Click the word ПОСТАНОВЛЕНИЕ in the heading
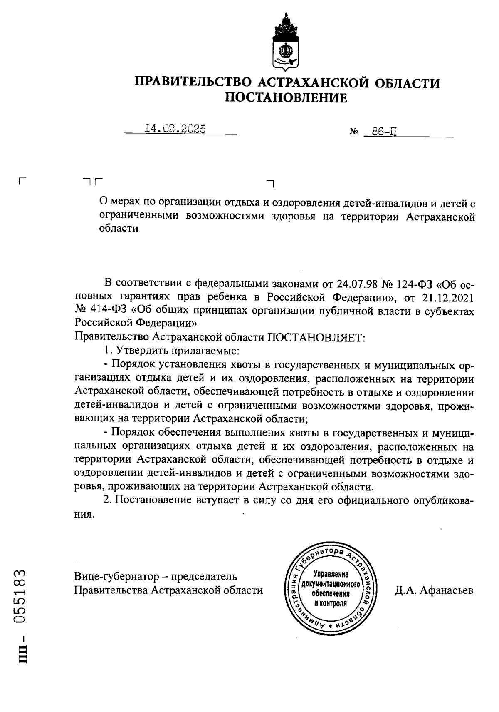286,98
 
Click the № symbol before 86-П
354,133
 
